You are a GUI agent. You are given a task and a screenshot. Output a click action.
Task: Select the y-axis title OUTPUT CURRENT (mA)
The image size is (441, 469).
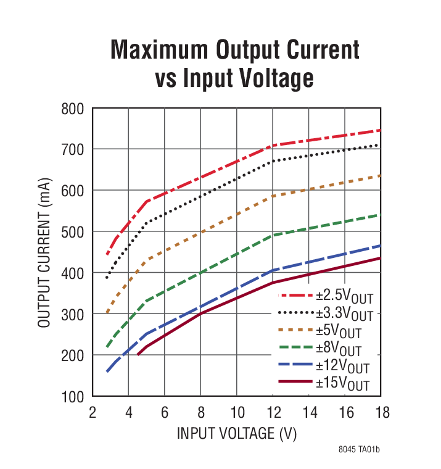coord(44,252)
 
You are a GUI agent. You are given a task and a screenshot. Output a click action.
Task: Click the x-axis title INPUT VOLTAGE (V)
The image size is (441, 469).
coord(237,433)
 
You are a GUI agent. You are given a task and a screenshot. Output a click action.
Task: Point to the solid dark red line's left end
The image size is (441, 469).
coord(138,355)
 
